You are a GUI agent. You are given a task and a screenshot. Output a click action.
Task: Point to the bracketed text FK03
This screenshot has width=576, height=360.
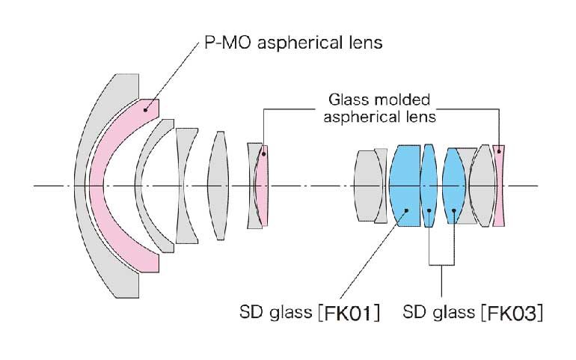point(519,311)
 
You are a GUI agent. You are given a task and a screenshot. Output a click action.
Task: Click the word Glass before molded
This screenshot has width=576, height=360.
point(349,100)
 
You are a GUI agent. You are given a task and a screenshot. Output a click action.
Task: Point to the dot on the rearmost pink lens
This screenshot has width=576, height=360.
point(499,149)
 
